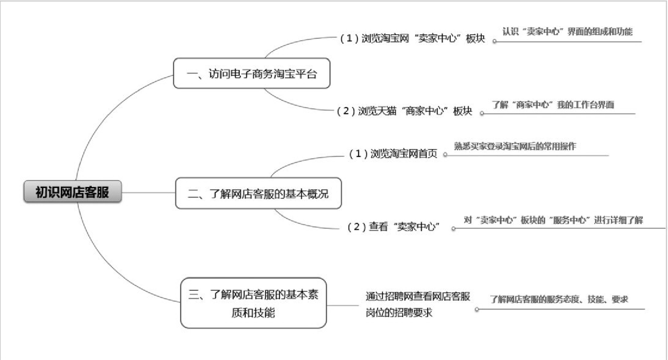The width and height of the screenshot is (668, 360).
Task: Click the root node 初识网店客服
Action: pyautogui.click(x=72, y=192)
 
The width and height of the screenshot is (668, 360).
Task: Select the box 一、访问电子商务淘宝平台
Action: pyautogui.click(x=251, y=73)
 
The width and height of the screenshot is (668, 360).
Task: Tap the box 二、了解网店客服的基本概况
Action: pyautogui.click(x=258, y=194)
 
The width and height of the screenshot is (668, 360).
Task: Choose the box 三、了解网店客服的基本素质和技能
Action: pyautogui.click(x=253, y=303)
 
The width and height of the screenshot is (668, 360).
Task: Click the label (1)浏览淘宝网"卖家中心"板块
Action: pyautogui.click(x=412, y=38)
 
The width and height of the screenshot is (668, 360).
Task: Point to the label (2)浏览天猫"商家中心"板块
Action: pyautogui.click(x=404, y=111)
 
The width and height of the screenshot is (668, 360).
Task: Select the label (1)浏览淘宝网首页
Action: pyautogui.click(x=393, y=154)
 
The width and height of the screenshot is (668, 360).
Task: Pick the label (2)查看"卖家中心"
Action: pyautogui.click(x=393, y=227)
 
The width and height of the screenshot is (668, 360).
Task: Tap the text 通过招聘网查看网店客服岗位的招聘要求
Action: pyautogui.click(x=417, y=304)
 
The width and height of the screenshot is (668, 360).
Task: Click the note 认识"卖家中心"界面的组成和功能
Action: pyautogui.click(x=567, y=32)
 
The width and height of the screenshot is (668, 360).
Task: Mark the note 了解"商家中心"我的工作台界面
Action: pyautogui.click(x=553, y=105)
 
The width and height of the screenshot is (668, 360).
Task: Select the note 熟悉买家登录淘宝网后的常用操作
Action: pyautogui.click(x=515, y=146)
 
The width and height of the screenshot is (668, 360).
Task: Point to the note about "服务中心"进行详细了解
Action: pyautogui.click(x=553, y=220)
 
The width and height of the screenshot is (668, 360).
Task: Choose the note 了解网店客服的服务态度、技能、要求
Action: pyautogui.click(x=559, y=300)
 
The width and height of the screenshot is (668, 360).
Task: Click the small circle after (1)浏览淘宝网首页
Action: pyautogui.click(x=445, y=155)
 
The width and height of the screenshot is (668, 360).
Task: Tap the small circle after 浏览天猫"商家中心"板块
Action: pyautogui.click(x=482, y=113)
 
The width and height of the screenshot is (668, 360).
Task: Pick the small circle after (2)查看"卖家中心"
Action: pyautogui.click(x=453, y=229)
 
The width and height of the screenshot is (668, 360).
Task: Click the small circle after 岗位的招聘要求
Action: pyautogui.click(x=477, y=310)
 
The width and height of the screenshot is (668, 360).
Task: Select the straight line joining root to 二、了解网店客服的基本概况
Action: pyautogui.click(x=148, y=192)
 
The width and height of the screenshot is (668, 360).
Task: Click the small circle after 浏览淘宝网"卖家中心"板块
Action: pyautogui.click(x=495, y=41)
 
